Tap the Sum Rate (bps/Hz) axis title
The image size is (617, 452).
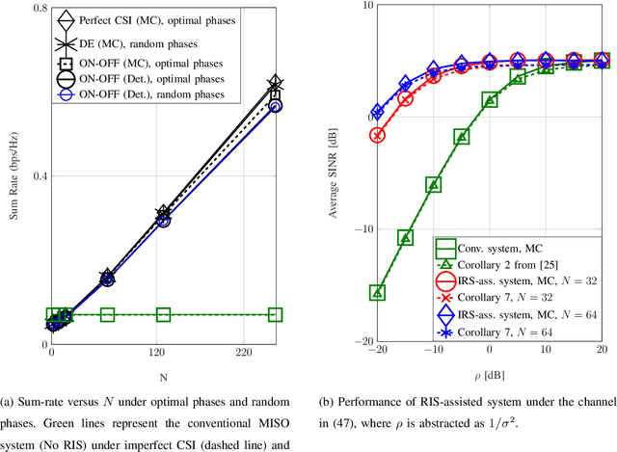13,175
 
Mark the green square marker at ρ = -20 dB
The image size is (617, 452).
377,292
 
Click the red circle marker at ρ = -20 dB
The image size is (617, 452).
377,135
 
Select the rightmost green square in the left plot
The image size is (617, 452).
275,314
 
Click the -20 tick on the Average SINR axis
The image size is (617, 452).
355,341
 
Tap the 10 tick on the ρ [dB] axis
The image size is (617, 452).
546,354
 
